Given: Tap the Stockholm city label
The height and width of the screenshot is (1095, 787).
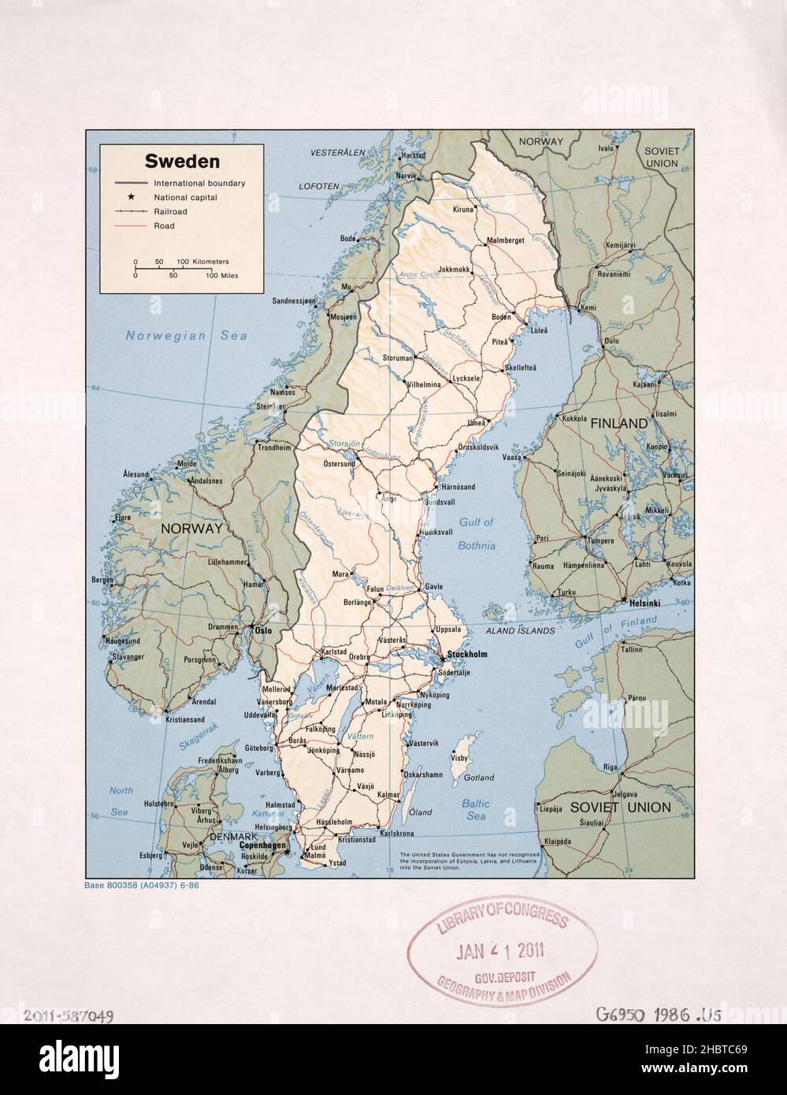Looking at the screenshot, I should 467,655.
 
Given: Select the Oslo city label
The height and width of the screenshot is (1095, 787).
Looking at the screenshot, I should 262,630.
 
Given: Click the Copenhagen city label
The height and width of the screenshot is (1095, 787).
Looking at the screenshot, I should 262,844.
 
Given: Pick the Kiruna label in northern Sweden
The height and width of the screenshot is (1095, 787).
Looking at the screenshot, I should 463,210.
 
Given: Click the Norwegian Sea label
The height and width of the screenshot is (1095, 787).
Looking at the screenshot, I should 186,336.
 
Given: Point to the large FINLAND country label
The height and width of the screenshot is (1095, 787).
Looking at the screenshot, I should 619,424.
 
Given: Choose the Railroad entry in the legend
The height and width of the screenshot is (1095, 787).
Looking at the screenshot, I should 170,212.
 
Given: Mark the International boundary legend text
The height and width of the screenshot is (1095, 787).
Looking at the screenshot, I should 199,183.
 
